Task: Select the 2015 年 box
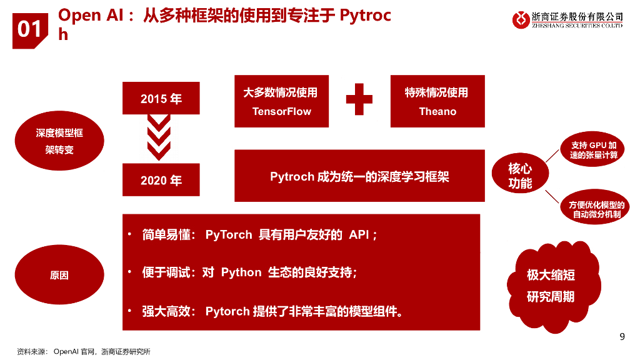(x=161, y=98)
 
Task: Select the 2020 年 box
(x=161, y=180)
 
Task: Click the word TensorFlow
(x=281, y=112)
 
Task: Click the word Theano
(x=437, y=112)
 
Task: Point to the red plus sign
(x=359, y=100)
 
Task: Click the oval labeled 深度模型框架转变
(x=59, y=141)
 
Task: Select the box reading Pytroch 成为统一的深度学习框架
(x=359, y=176)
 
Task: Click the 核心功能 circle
(x=520, y=176)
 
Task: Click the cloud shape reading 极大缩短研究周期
(x=550, y=286)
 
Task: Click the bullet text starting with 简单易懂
(x=259, y=235)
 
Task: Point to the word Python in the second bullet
(x=241, y=272)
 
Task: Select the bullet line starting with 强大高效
(x=272, y=311)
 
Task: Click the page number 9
(x=622, y=337)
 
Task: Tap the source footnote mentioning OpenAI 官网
(x=84, y=352)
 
